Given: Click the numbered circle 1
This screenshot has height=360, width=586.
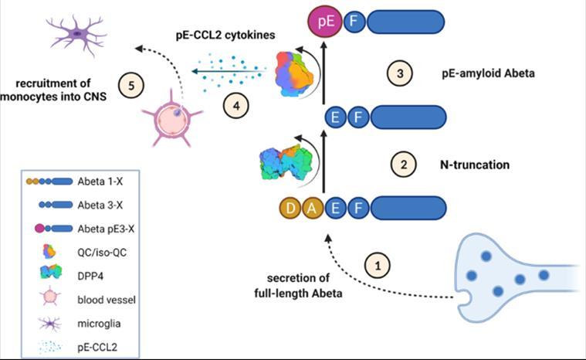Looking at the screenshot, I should click(x=377, y=265).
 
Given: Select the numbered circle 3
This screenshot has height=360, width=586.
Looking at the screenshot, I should click(x=398, y=73).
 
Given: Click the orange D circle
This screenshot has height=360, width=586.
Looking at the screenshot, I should click(x=291, y=208).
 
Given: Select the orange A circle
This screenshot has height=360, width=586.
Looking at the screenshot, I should click(x=313, y=208).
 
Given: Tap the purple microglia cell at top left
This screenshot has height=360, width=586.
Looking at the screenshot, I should click(x=76, y=32).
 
